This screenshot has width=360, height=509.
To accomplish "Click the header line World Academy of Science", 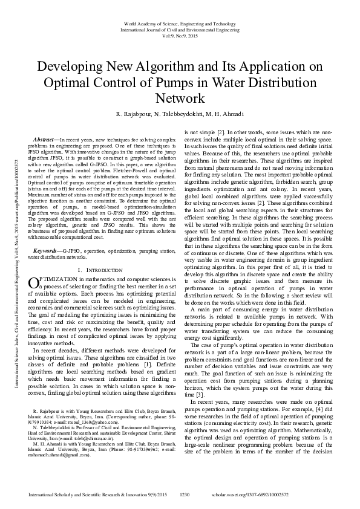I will tap(180, 22).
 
